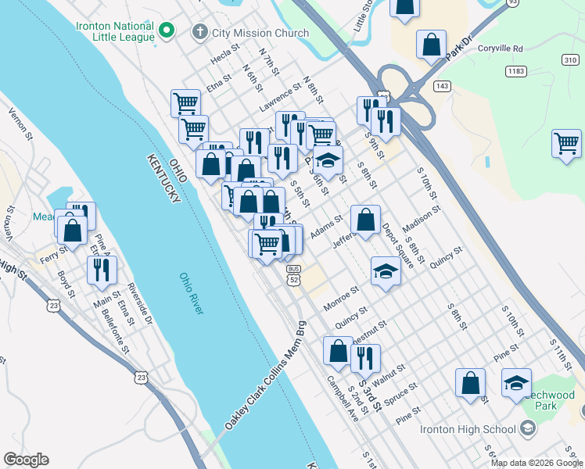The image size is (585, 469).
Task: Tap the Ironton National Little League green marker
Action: coord(166,31)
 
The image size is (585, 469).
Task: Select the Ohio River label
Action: coord(191,293)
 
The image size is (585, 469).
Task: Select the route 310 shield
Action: coord(569,59)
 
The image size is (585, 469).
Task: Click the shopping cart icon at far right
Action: coord(566,144)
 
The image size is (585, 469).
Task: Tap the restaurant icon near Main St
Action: coord(102,270)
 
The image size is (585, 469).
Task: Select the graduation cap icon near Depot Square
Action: coord(385,271)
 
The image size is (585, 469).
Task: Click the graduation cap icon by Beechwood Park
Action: coord(516,383)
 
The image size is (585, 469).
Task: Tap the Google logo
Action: coord(27,460)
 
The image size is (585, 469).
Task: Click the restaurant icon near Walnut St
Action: coord(365,358)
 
